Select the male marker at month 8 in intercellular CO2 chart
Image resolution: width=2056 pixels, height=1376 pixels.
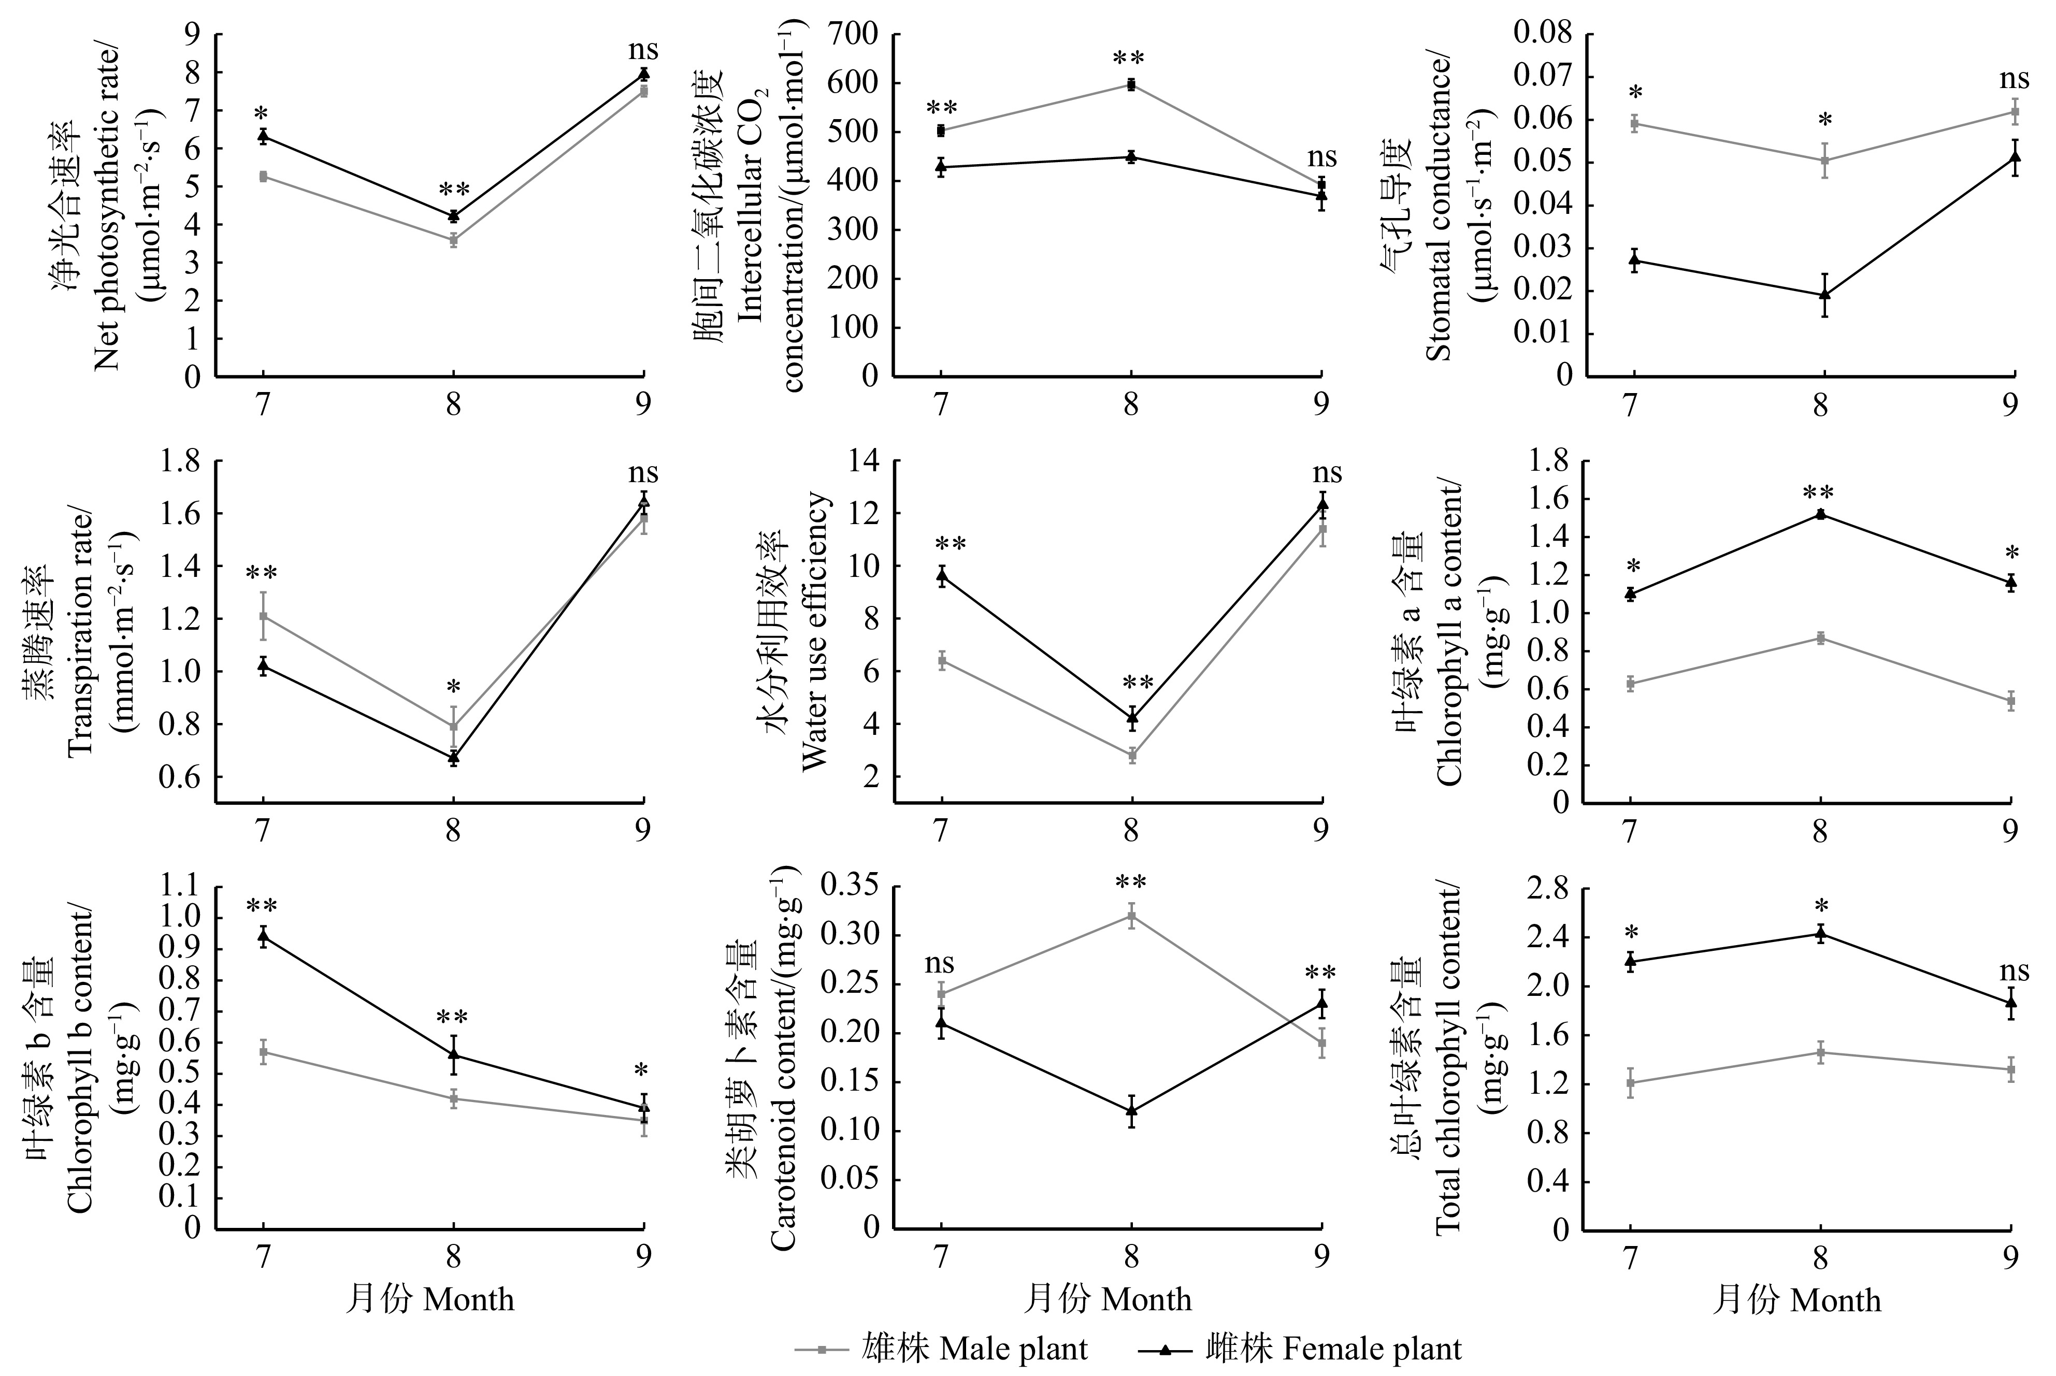point(1131,85)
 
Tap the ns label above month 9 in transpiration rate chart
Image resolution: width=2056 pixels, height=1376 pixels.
point(643,473)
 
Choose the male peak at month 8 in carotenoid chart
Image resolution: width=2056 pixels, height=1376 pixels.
point(1131,915)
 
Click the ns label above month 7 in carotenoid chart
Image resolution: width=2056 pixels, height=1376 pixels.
point(939,964)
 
